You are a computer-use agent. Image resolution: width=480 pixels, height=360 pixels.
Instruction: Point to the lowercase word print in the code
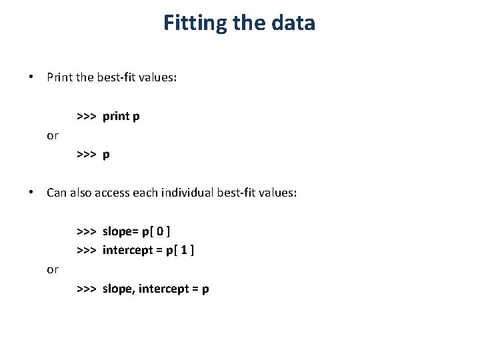(x=117, y=117)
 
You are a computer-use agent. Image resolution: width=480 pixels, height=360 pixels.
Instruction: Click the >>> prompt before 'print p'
(x=87, y=117)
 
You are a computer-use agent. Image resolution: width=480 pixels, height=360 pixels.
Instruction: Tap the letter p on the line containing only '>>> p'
(x=106, y=155)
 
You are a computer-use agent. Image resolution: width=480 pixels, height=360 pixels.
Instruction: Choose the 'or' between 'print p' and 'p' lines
(x=53, y=136)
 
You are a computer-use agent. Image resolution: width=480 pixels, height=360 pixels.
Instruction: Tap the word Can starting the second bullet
(x=56, y=193)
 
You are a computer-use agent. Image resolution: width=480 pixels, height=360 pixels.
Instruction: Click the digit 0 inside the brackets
(x=160, y=232)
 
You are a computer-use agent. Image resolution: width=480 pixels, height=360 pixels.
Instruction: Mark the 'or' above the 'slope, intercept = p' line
(x=53, y=270)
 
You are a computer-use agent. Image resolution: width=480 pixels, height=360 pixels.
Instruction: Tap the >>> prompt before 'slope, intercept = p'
(x=87, y=290)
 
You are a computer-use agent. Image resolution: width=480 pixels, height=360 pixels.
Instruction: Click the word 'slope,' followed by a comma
(x=119, y=290)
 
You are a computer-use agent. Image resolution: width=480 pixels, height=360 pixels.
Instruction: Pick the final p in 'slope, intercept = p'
(x=206, y=291)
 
